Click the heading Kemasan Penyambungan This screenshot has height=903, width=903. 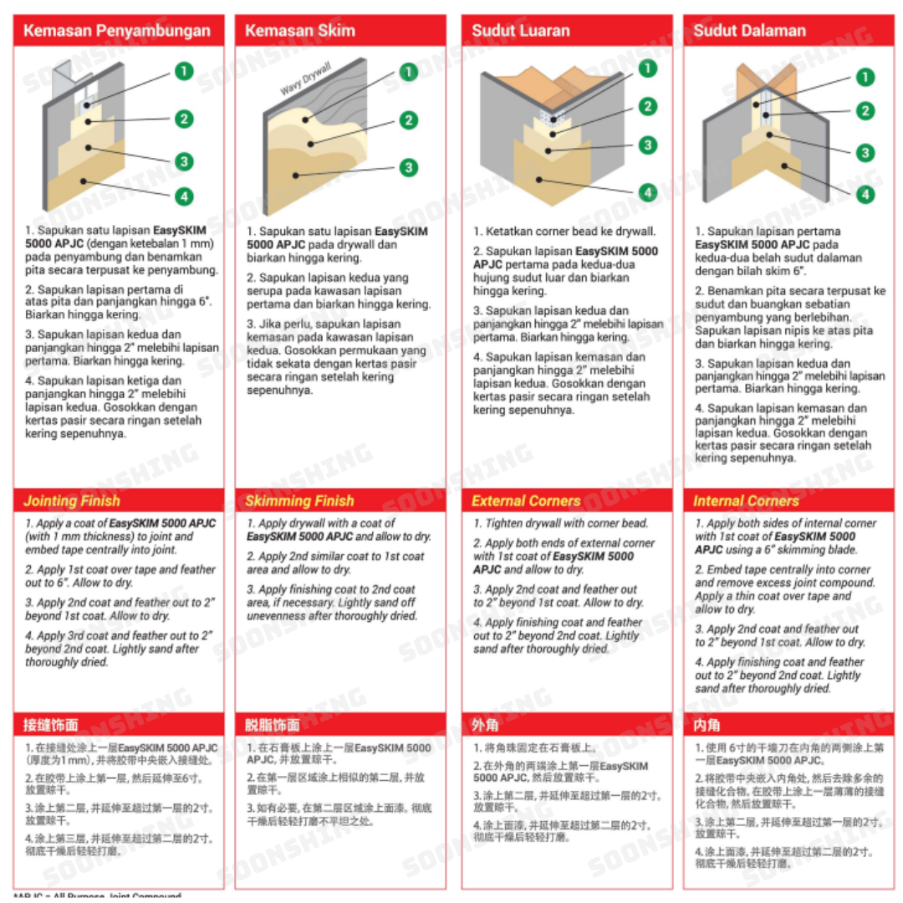(116, 31)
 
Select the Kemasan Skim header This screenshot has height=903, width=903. (299, 31)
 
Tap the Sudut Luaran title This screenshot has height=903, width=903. (520, 31)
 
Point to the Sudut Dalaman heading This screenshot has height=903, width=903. (749, 31)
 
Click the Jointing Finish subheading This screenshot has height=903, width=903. (72, 501)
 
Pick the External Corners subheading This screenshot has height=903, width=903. (526, 501)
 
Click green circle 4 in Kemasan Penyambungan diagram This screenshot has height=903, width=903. (184, 197)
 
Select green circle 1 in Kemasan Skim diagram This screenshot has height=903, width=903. (408, 72)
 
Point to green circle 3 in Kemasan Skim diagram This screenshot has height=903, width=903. (408, 168)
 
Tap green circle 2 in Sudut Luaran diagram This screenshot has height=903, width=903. (647, 106)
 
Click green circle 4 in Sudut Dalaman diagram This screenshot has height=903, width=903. (865, 194)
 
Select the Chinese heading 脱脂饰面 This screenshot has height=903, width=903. (272, 724)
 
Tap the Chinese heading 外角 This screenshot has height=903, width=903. (485, 724)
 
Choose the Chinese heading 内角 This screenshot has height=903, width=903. (707, 724)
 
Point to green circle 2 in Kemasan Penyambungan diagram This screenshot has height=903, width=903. (184, 119)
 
